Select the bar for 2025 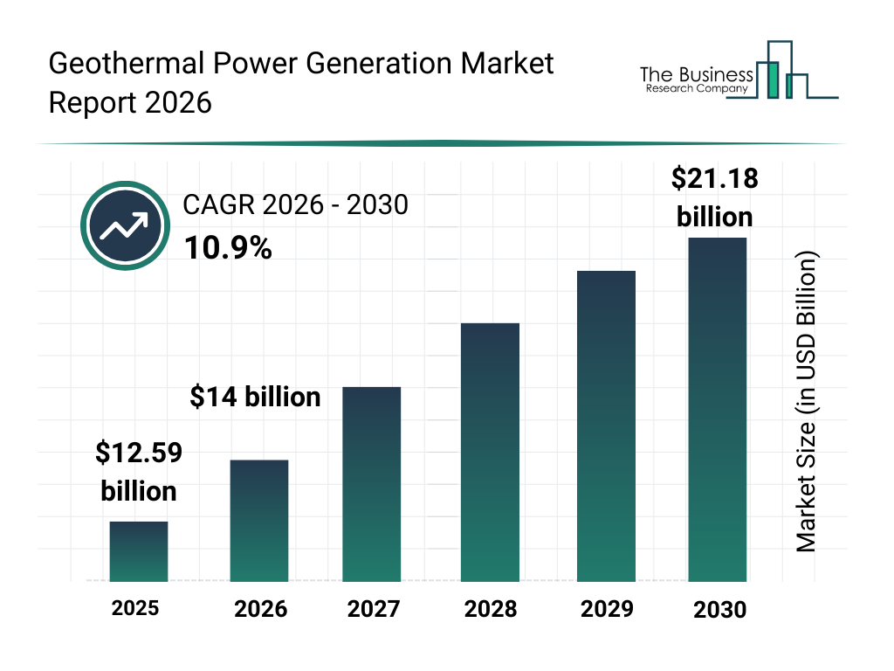tap(138, 551)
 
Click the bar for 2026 tap(258, 520)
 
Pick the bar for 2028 tap(490, 452)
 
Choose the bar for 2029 tap(606, 425)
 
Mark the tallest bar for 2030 tap(717, 409)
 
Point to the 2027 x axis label tap(375, 609)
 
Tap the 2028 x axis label tap(490, 609)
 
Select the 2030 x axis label tap(720, 610)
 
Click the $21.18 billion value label tap(714, 197)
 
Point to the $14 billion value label tap(255, 398)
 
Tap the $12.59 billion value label tap(138, 472)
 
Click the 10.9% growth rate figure tap(227, 249)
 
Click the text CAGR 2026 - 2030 tap(295, 205)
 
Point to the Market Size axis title tap(807, 403)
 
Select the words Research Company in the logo tap(697, 88)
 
